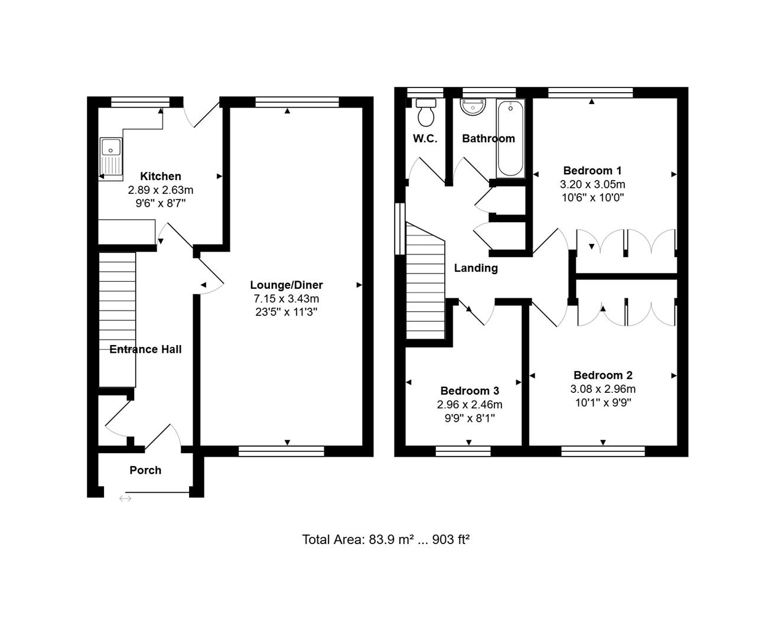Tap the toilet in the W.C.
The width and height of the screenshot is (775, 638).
426,112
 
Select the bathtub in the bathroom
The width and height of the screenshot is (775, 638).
510,139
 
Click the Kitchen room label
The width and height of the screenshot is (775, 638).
161,177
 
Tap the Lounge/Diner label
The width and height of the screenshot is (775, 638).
286,285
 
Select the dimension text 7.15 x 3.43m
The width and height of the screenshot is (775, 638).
286,298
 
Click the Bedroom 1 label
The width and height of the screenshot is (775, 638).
592,171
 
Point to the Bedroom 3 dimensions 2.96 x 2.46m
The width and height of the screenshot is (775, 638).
469,405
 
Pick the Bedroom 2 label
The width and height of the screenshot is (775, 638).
603,375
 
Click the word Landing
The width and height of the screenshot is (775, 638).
476,268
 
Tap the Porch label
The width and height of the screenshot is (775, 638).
145,470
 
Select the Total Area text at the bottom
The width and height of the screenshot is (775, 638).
386,539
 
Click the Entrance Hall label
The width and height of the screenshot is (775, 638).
145,349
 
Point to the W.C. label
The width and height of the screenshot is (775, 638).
425,139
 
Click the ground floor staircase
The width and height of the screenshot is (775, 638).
117,319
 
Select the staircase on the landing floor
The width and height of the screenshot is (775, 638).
425,281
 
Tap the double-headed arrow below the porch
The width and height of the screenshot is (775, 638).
125,499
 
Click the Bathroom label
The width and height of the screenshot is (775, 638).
488,139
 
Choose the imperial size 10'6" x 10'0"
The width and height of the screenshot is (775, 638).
592,198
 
